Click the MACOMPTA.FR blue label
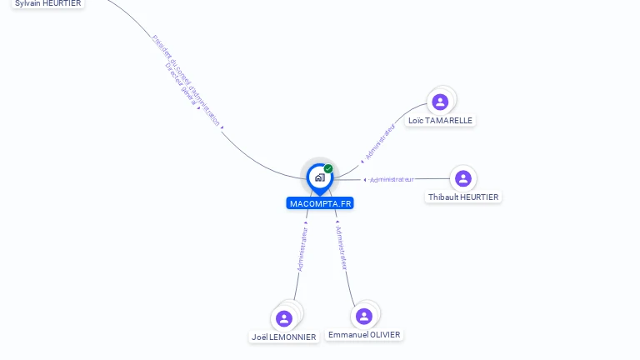320,203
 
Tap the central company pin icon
319,177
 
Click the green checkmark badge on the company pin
328,169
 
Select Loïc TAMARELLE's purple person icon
440,102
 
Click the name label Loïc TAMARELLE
440,121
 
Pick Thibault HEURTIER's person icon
463,178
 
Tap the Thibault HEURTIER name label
463,197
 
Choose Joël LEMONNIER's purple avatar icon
284,318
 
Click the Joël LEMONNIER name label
284,337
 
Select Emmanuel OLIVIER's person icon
364,316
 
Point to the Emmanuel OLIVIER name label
364,335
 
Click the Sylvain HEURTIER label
48,3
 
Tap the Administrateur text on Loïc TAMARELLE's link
380,142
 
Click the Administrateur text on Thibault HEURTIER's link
392,179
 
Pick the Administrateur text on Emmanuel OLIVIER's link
341,247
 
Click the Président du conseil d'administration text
187,80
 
